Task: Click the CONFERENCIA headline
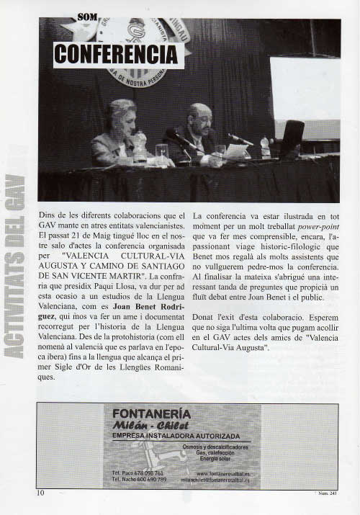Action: click(117, 53)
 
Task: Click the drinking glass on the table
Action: click(162, 151)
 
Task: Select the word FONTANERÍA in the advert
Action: click(151, 414)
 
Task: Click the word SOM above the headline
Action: click(88, 16)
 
